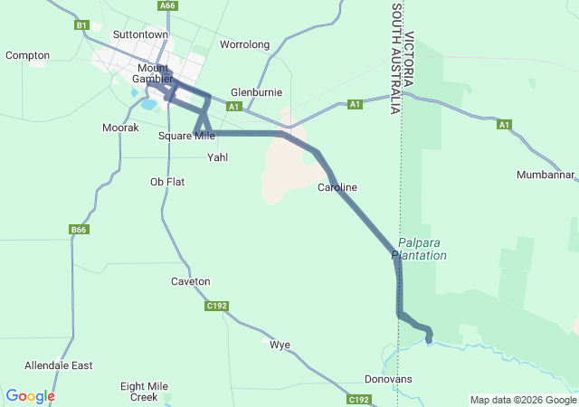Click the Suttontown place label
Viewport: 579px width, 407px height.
140,34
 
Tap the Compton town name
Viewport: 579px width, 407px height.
27,55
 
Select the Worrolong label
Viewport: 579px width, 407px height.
245,44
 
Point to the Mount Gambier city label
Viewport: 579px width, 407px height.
153,73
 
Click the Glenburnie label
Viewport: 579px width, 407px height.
257,92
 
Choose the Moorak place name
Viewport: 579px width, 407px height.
120,128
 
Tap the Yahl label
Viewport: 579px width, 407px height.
218,157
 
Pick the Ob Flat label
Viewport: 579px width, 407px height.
167,182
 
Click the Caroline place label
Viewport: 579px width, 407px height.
337,187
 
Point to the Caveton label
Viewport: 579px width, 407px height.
190,281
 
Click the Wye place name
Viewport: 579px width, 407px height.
280,345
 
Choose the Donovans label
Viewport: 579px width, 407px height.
388,379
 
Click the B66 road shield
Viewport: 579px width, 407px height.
79,231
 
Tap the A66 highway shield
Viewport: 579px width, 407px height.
166,5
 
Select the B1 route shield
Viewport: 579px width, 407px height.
82,25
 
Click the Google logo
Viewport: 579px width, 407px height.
30,396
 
